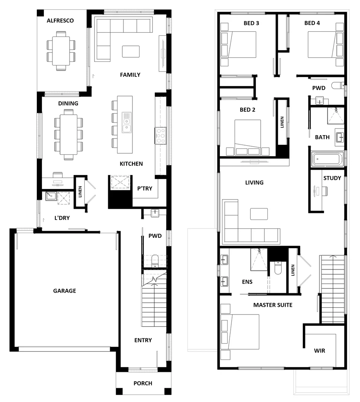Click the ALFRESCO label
(x=60, y=20)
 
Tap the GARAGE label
(x=64, y=291)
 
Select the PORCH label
(x=143, y=383)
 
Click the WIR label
(x=319, y=350)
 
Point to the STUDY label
(x=332, y=178)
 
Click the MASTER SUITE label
(x=273, y=305)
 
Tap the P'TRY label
(x=145, y=188)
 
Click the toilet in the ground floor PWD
(x=155, y=260)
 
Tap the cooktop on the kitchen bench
(x=161, y=136)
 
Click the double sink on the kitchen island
(x=127, y=123)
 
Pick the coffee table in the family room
(x=131, y=51)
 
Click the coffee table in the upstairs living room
(x=259, y=214)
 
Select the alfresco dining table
(x=61, y=50)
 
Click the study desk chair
(x=324, y=191)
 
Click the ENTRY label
(x=143, y=340)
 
